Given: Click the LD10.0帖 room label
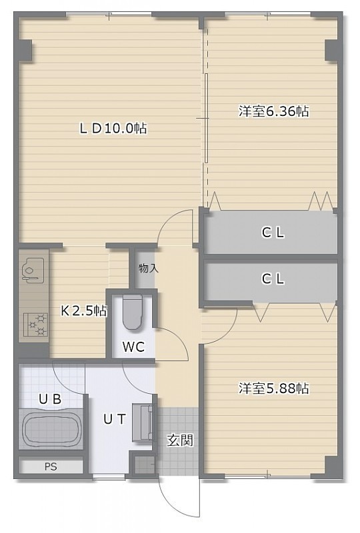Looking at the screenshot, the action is point(113,129).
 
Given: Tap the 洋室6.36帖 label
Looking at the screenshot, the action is point(273,111).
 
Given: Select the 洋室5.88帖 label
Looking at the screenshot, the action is point(273,388).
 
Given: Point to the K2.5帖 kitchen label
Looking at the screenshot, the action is point(84,310).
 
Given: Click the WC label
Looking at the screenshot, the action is point(133,346).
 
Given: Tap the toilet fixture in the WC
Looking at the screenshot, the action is point(132,312).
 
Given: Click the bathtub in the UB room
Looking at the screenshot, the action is point(52,429).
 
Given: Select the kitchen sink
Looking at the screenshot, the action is point(33,268).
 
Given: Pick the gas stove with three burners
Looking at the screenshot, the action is point(36,325).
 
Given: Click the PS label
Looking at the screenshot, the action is point(51,467).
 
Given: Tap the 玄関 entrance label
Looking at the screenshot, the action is point(179,440).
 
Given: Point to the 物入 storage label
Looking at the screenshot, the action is point(149,268).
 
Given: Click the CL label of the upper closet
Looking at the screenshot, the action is point(273,233).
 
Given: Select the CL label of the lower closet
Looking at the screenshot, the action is point(273,279).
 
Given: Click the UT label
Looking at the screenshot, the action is point(115,420).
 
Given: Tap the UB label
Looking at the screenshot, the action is point(50,399).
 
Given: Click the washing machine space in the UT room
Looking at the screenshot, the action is point(142,422).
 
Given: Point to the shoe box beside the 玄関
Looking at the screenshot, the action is point(143,464).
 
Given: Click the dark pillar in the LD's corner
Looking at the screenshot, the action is point(25,51).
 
